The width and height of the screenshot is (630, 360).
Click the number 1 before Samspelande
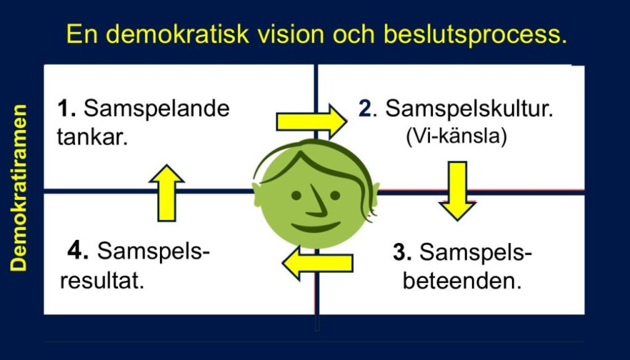(x=65, y=109)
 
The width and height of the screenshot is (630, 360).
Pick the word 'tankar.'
(x=92, y=137)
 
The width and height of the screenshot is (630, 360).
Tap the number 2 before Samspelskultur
(x=365, y=109)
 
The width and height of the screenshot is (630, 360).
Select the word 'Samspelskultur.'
(x=469, y=110)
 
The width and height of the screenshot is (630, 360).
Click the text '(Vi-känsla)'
(x=456, y=137)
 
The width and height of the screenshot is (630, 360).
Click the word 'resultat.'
(x=102, y=281)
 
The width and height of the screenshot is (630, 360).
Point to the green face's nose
(x=317, y=204)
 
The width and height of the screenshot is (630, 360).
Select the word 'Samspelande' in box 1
(x=156, y=109)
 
